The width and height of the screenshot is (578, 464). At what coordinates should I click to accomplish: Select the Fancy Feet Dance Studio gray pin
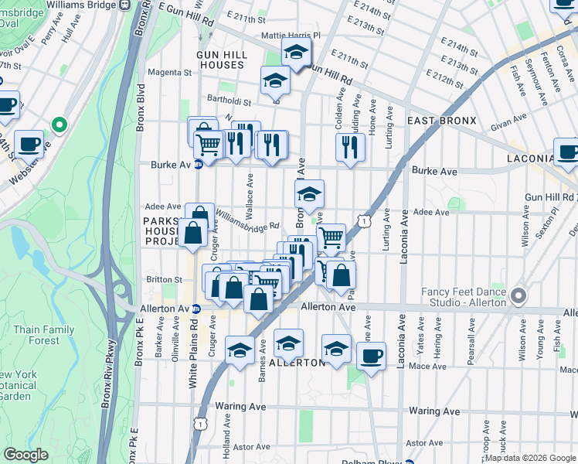point(518,296)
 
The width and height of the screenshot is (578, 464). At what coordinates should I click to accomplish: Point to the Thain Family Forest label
point(44,335)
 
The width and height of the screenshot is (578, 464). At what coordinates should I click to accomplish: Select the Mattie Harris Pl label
point(291,36)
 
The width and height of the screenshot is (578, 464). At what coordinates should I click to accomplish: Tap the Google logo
point(26,455)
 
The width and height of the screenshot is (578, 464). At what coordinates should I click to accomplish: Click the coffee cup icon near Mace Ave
point(372,357)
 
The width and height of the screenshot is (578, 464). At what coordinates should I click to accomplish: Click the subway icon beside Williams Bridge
point(124,5)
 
